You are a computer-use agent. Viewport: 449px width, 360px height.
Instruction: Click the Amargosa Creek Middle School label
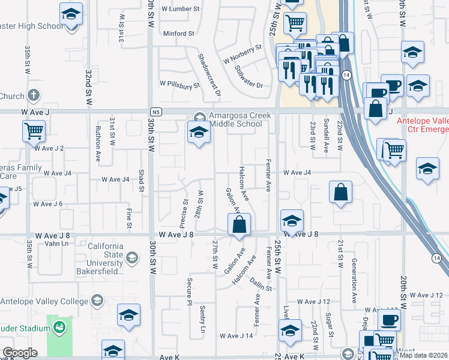(235, 120)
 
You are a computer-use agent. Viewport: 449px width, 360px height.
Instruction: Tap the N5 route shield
(156, 112)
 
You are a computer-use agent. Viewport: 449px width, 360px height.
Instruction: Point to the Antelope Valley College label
(41, 301)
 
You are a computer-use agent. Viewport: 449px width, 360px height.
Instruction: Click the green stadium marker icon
(59, 328)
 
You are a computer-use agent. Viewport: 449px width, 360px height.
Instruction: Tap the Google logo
(20, 353)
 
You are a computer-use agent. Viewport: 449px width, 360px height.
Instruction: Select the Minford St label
(179, 34)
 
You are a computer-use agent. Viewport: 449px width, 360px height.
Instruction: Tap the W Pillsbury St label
(179, 86)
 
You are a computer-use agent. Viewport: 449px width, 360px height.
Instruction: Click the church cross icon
(34, 95)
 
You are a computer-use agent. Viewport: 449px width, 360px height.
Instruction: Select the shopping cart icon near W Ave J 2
(34, 130)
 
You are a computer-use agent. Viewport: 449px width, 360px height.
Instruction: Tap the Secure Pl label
(188, 290)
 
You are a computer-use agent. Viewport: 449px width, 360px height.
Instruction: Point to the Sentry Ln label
(202, 319)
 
